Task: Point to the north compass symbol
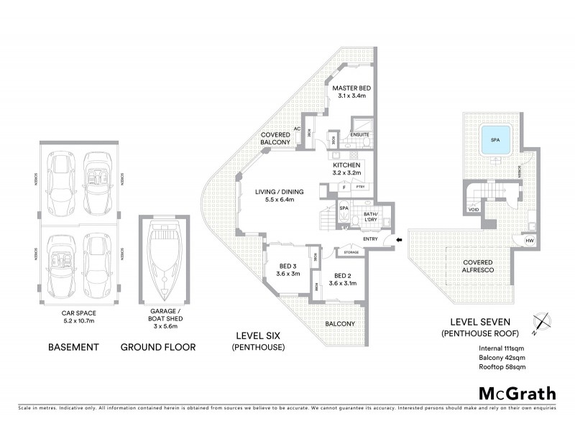click(x=541, y=323)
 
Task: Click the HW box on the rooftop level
click(x=529, y=241)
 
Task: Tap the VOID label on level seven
click(x=473, y=210)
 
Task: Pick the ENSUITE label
click(x=359, y=134)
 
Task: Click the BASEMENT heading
click(x=73, y=347)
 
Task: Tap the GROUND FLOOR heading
click(x=157, y=347)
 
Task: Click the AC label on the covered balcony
click(x=296, y=130)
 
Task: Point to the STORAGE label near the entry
click(x=351, y=252)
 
